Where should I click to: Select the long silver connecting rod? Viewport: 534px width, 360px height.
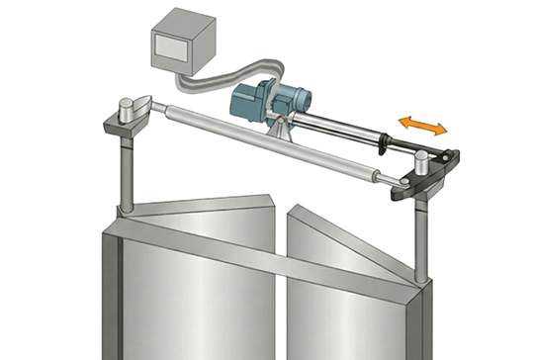click(x=277, y=143)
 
